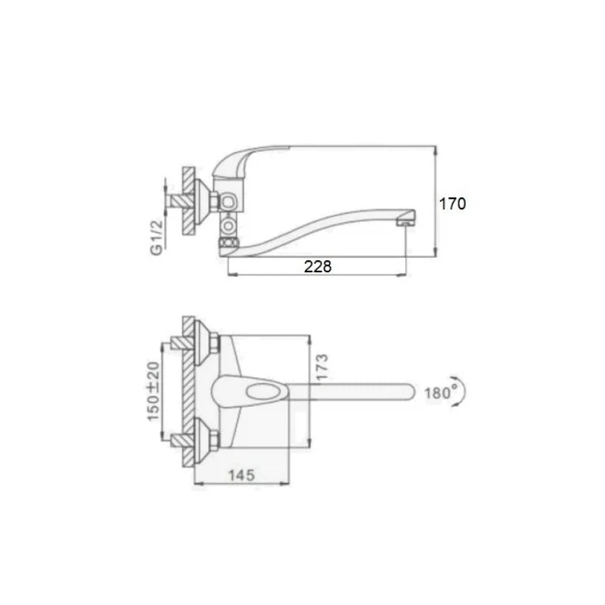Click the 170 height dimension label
[x=452, y=203]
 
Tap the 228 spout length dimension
[x=318, y=267]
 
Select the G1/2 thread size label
[x=157, y=238]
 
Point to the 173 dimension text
[x=321, y=366]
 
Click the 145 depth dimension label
[x=241, y=475]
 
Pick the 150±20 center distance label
[x=154, y=391]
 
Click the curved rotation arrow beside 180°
[x=461, y=391]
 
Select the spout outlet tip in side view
[x=406, y=220]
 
